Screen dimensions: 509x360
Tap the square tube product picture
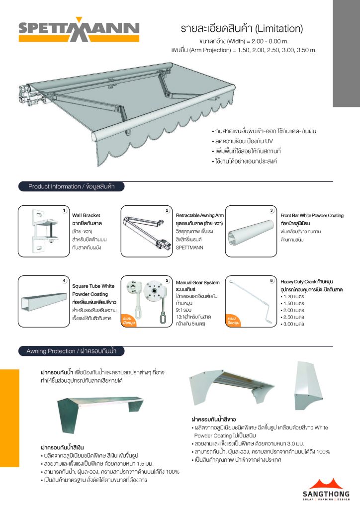click(43, 300)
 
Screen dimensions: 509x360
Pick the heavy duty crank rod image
click(252, 301)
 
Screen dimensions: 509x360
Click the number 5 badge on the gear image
click(168, 281)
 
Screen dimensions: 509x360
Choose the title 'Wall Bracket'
click(86, 216)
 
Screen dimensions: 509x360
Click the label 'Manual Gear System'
click(197, 282)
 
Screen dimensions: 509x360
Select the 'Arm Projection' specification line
click(244, 50)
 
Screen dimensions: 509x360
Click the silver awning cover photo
click(97, 412)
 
